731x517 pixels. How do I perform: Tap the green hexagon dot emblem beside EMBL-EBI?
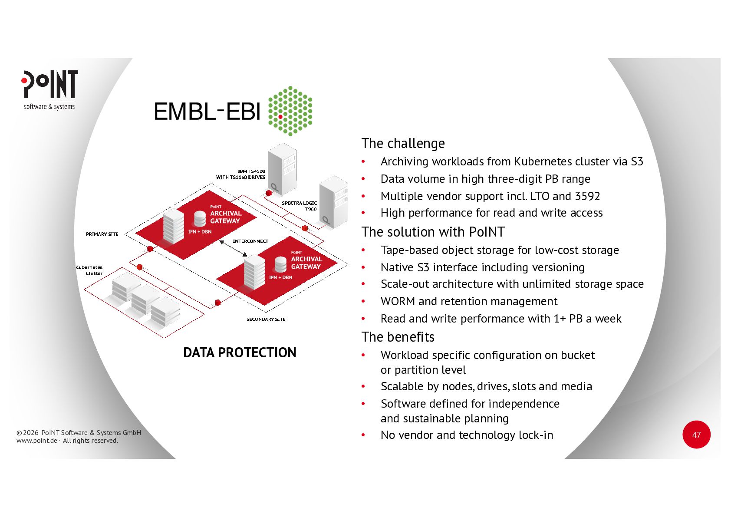pyautogui.click(x=290, y=111)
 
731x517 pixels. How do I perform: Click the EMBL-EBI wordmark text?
pyautogui.click(x=207, y=112)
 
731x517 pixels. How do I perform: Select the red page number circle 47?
pyautogui.click(x=696, y=435)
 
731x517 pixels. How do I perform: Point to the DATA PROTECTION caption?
pyautogui.click(x=240, y=352)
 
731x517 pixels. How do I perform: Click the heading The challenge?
pyautogui.click(x=403, y=143)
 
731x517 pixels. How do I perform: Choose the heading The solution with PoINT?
pyautogui.click(x=433, y=232)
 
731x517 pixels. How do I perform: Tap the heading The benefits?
pyautogui.click(x=398, y=337)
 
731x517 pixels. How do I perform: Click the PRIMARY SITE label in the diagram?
pyautogui.click(x=102, y=234)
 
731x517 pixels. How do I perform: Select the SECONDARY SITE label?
pyautogui.click(x=266, y=319)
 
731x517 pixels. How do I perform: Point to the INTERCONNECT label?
pyautogui.click(x=250, y=241)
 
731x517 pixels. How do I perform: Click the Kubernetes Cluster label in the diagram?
pyautogui.click(x=89, y=270)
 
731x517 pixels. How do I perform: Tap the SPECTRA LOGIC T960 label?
pyautogui.click(x=300, y=206)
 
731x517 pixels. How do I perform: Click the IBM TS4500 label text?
pyautogui.click(x=251, y=171)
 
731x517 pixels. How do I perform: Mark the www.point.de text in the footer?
pyautogui.click(x=36, y=441)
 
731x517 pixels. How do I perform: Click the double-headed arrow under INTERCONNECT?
pyautogui.click(x=233, y=248)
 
